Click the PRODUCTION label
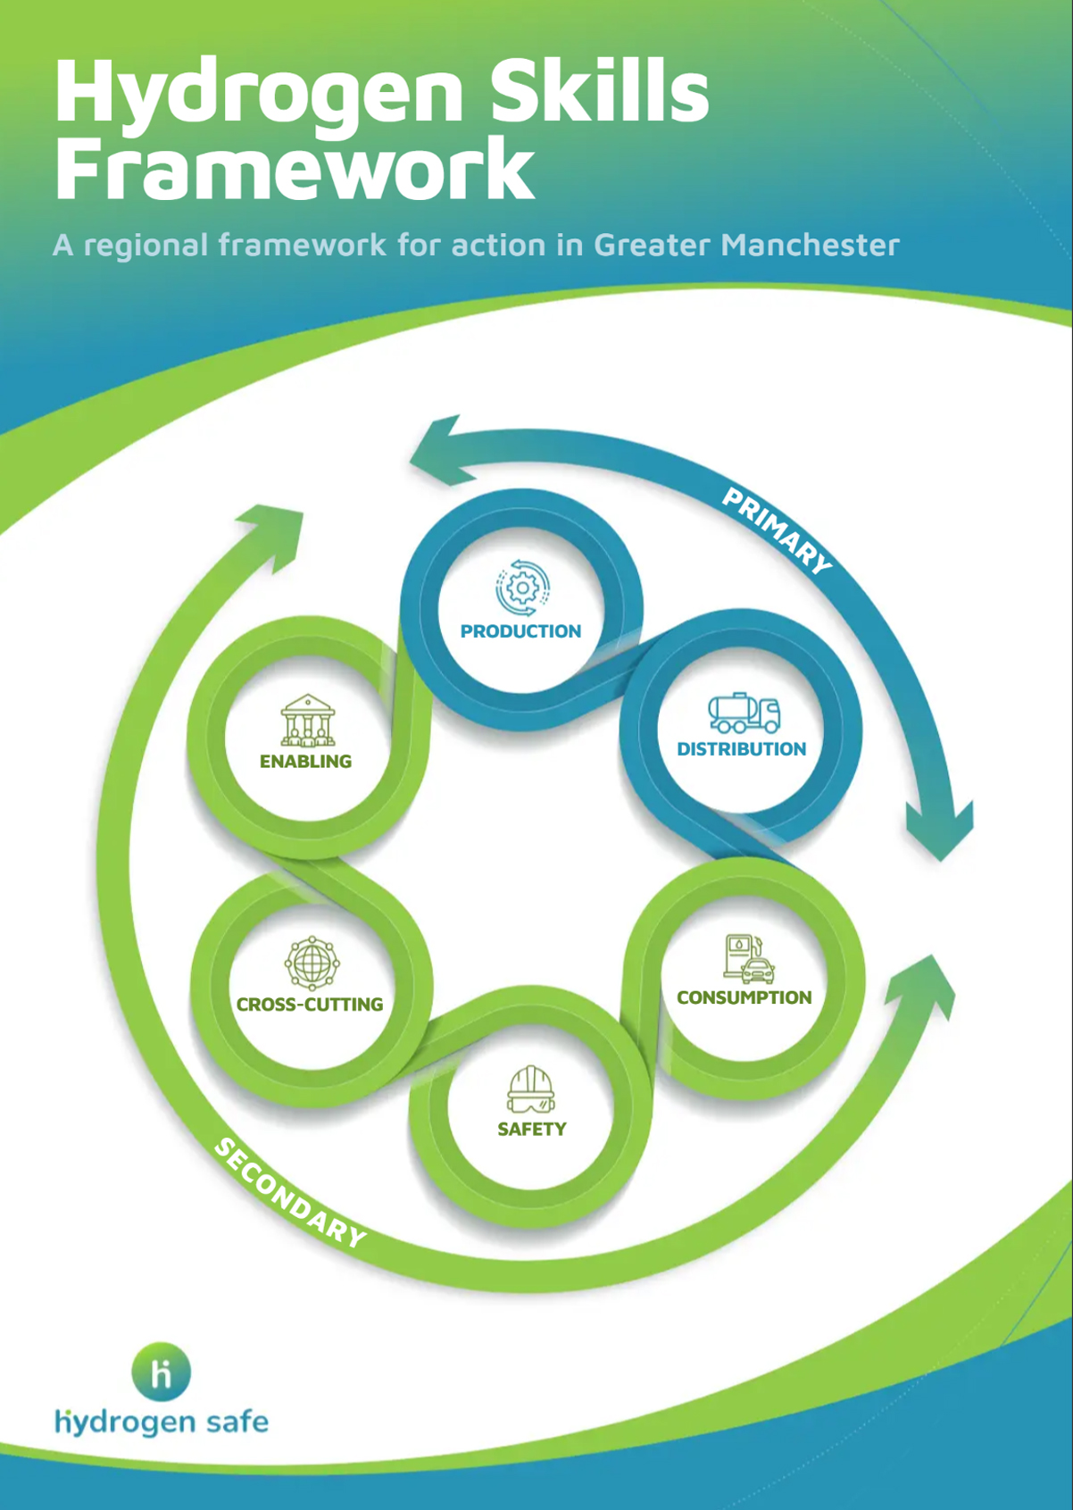click(520, 631)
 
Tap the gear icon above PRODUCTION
click(522, 588)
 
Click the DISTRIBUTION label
click(741, 749)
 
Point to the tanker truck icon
click(744, 713)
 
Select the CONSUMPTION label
click(744, 997)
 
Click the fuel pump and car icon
click(748, 959)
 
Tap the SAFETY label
click(531, 1130)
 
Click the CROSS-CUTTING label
click(309, 1005)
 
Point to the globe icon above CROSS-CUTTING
click(312, 963)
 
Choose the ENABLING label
click(305, 762)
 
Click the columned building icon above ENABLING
click(308, 720)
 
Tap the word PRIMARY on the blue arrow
click(776, 530)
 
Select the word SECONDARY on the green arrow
click(290, 1193)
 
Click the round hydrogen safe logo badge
click(162, 1372)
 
